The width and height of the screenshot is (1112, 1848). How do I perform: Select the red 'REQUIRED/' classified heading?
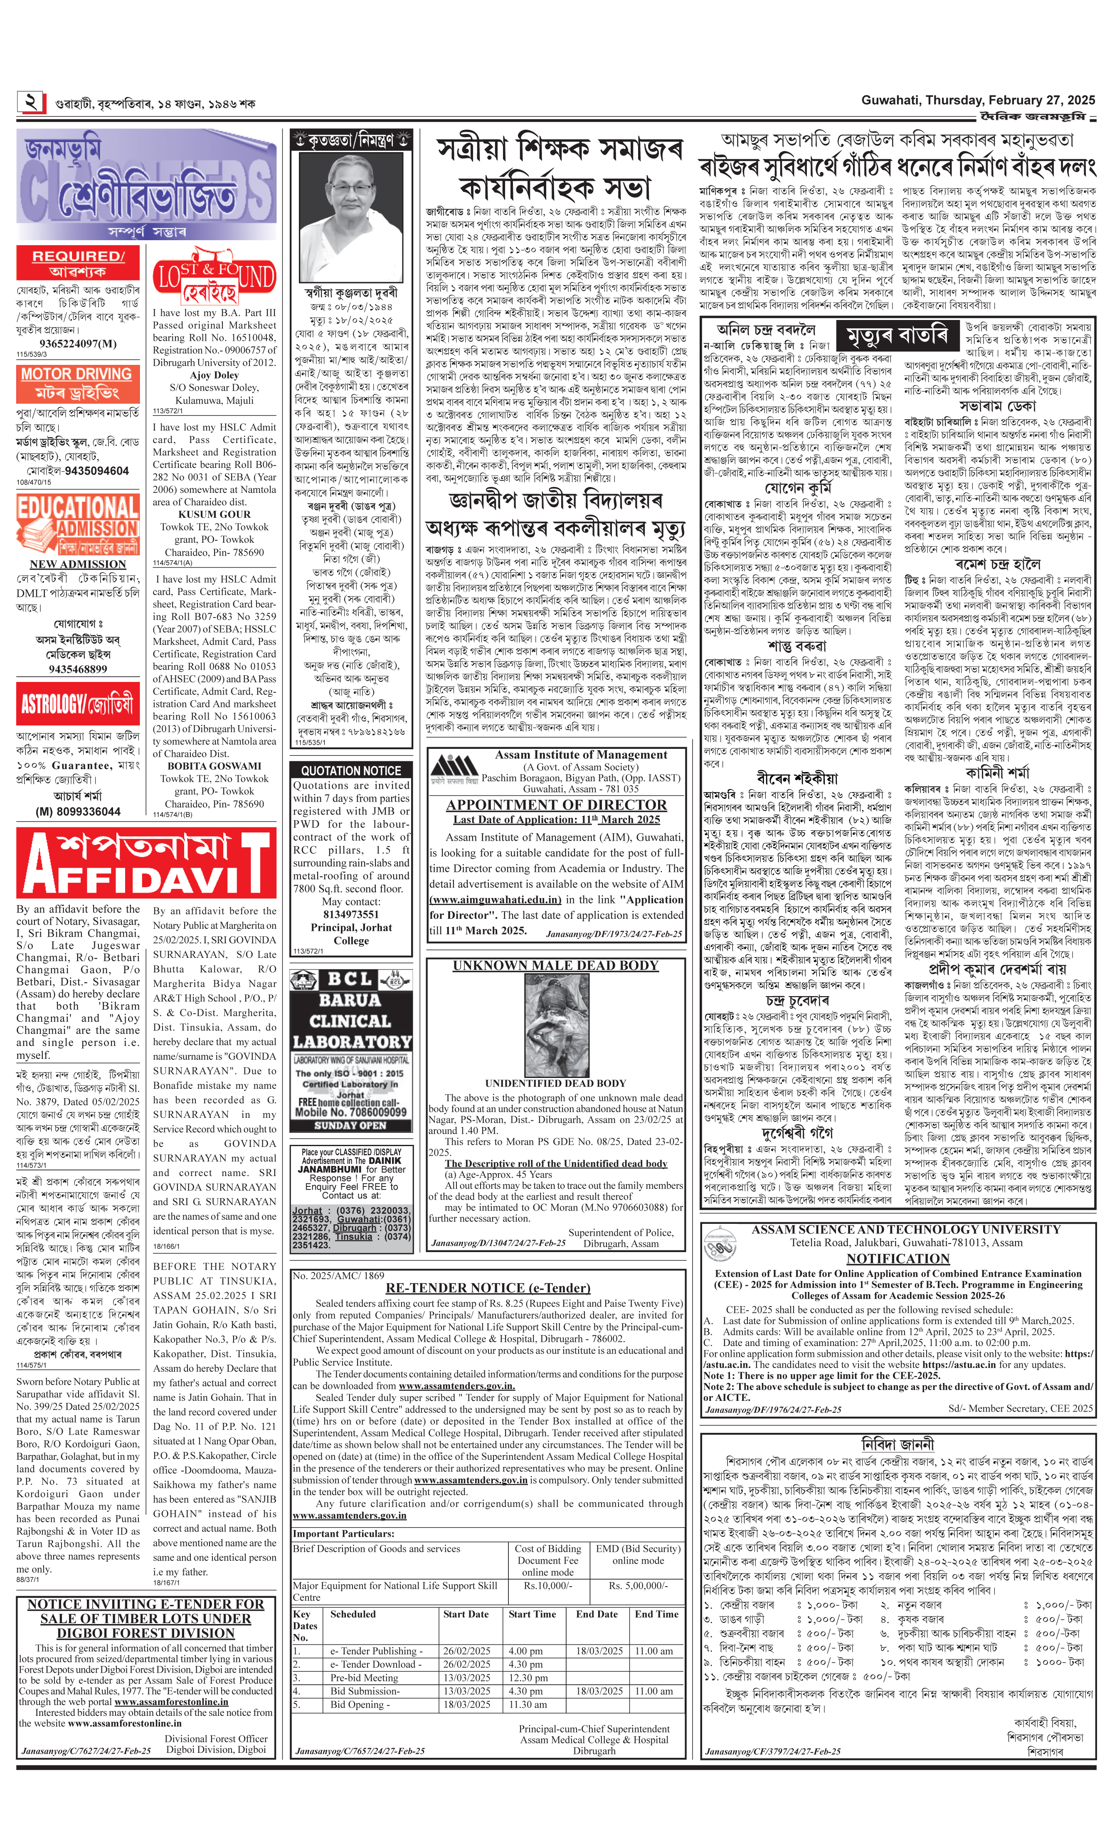pyautogui.click(x=77, y=256)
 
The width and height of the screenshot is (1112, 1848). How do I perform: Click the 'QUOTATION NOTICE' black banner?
pyautogui.click(x=351, y=770)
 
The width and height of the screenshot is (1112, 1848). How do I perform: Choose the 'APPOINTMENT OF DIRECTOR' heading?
pyautogui.click(x=556, y=805)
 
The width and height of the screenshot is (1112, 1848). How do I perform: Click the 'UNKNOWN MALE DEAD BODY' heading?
pyautogui.click(x=555, y=965)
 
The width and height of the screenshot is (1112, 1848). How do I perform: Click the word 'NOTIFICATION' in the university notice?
pyautogui.click(x=897, y=1258)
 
